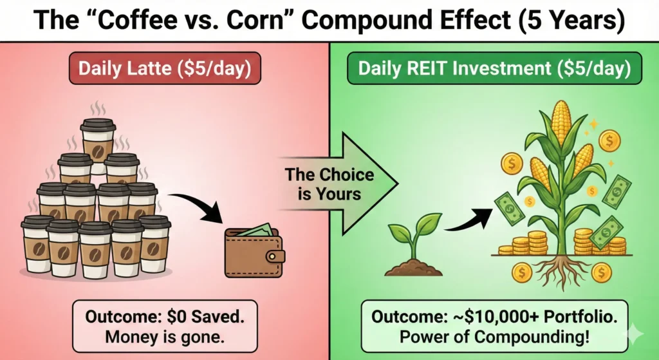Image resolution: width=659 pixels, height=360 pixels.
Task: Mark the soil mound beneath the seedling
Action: click(x=412, y=267)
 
